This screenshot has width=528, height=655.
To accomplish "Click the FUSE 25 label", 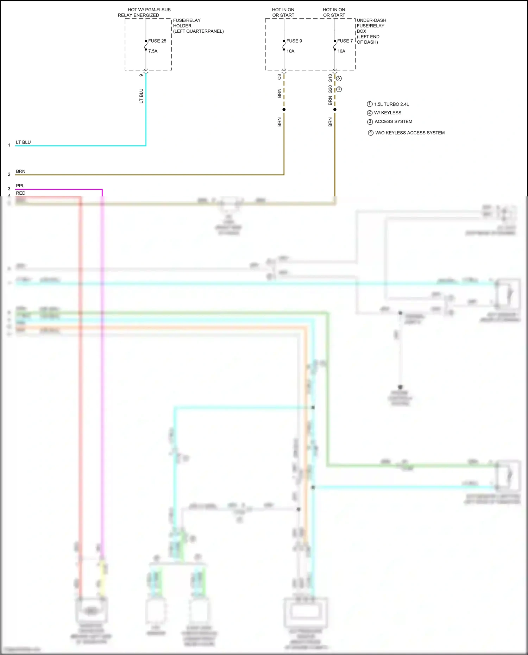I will pos(157,41).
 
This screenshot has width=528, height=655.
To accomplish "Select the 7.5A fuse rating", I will pos(153,51).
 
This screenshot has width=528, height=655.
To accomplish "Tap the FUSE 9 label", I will pos(294,41).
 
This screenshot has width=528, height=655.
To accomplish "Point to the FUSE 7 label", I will pos(345,41).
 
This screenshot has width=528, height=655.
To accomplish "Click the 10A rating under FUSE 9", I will pos(290,51).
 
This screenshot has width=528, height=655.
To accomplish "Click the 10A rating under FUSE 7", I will pos(341,51).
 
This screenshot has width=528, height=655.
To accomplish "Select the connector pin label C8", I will pos(279,77).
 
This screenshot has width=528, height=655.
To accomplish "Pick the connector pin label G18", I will pos(330,78).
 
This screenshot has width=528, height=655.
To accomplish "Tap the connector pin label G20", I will pos(330,89).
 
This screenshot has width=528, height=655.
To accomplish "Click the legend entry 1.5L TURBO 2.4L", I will pos(391,104).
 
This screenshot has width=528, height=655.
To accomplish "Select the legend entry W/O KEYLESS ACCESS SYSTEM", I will pos(410,133).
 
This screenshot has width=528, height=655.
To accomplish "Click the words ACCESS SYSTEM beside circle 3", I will pos(393,121).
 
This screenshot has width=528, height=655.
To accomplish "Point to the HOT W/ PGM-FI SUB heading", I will pos(149,10).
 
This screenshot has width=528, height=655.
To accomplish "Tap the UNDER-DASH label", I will pos(371,20).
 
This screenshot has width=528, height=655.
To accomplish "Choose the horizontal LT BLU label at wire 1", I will pos(23,142).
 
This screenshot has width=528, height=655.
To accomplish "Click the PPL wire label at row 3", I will pos(20,185).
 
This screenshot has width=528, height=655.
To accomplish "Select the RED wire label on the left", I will pos(20,193).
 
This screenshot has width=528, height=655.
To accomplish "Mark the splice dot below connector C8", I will pos(284,109).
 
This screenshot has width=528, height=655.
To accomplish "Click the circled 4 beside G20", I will pos(339,89).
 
